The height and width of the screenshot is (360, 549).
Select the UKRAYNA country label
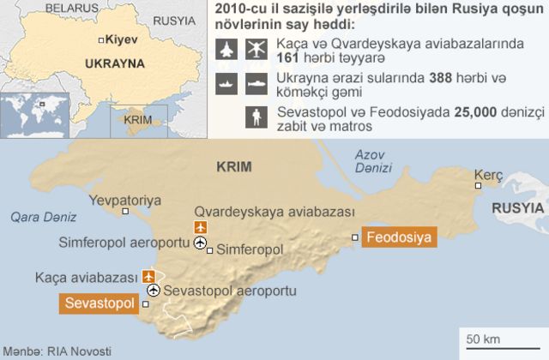(x=113, y=63)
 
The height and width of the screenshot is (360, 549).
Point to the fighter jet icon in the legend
(x=226, y=50)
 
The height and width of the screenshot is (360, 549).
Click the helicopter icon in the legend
(x=256, y=50)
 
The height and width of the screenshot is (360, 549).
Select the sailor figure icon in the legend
(x=256, y=117)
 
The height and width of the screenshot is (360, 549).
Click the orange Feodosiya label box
(x=398, y=237)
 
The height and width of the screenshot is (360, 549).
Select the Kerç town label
(x=489, y=175)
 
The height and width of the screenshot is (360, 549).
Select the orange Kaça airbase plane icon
(x=149, y=276)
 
